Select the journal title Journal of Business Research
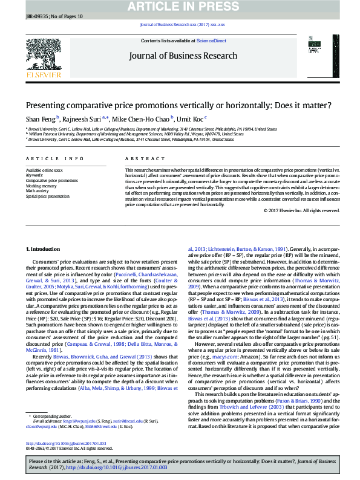tap(182, 56)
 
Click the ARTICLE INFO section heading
tap(55, 158)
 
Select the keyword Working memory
tap(42, 186)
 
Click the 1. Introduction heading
tap(44, 249)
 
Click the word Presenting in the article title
tap(49, 105)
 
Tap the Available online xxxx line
tap(44, 170)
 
